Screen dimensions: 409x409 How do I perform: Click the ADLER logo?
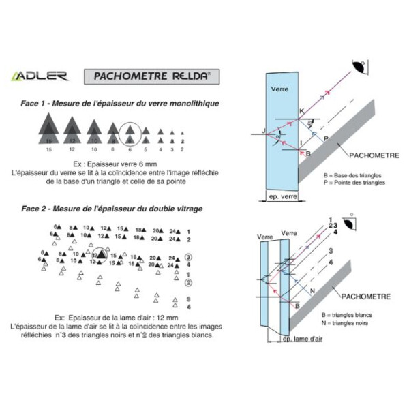point(39,75)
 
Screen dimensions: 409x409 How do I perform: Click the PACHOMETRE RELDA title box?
point(152,74)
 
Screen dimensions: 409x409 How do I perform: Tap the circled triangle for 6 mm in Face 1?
point(130,132)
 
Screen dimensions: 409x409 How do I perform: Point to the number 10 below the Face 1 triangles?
point(93,149)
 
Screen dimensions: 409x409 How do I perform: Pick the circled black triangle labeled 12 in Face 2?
point(100,255)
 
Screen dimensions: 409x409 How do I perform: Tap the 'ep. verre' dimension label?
point(280,198)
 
